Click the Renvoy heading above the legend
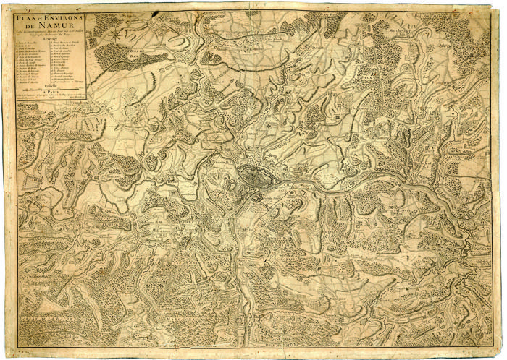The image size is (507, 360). click(50, 42)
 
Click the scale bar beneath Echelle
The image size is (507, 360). click(50, 92)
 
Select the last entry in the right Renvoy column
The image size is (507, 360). click(69, 83)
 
